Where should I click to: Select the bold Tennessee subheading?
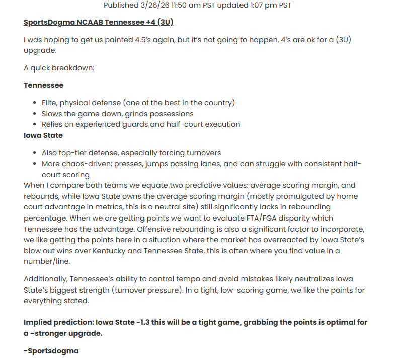click(x=43, y=85)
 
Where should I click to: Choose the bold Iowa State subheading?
click(x=43, y=135)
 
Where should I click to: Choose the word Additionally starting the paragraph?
click(x=45, y=279)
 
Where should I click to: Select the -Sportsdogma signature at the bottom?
click(x=51, y=351)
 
